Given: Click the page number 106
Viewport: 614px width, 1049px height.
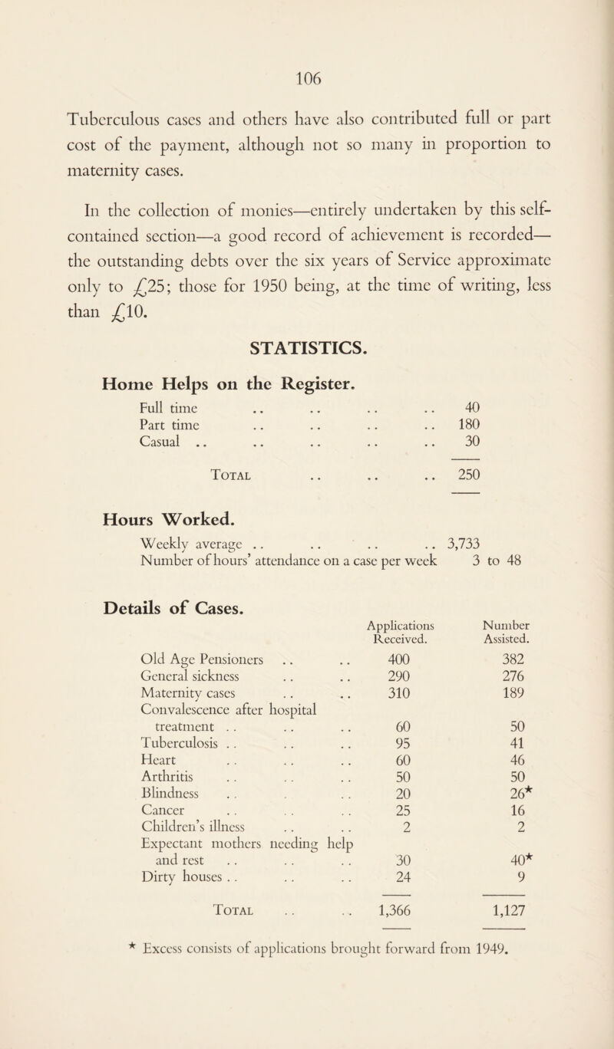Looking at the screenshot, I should pyautogui.click(x=306, y=72).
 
